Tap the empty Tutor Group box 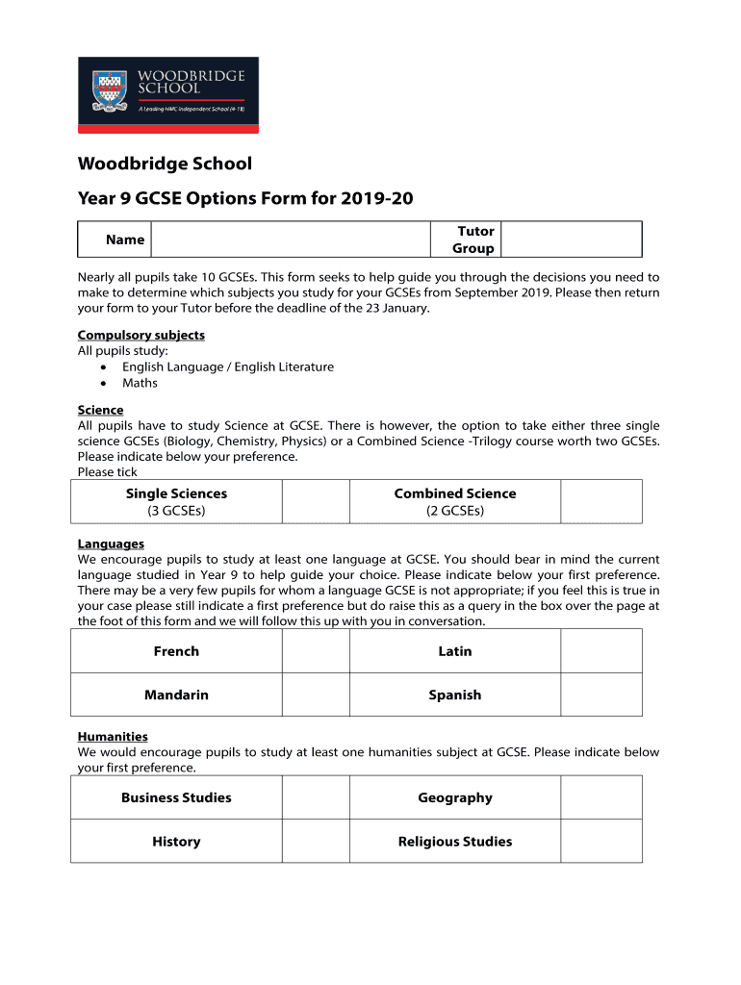[572, 240]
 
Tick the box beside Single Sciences [316, 501]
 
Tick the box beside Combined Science [600, 501]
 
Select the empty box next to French [316, 651]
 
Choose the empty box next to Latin [600, 651]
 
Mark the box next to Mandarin [316, 695]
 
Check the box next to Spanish [600, 695]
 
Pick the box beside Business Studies [316, 797]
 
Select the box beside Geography [600, 797]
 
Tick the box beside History [316, 842]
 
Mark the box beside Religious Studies [600, 842]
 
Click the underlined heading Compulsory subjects [141, 335]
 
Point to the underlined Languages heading [111, 543]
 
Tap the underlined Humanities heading [113, 736]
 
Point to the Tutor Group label [473, 240]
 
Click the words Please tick [107, 471]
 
